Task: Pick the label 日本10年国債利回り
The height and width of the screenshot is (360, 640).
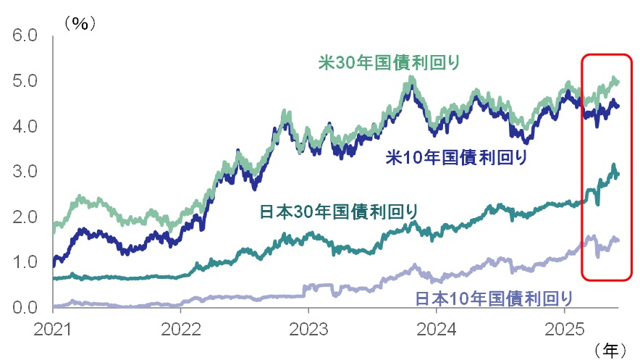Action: tap(494, 298)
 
